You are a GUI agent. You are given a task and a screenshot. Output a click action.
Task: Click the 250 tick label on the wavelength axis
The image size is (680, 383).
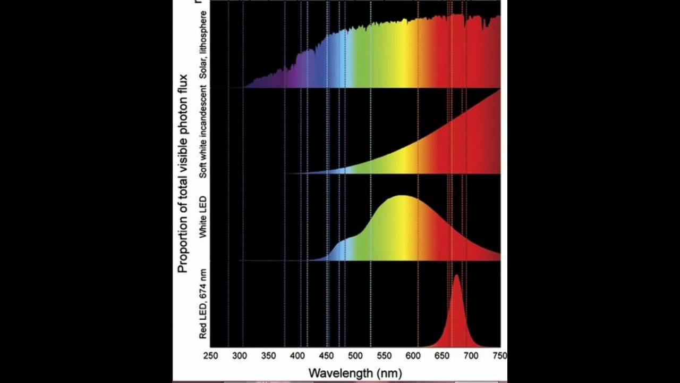[210, 355]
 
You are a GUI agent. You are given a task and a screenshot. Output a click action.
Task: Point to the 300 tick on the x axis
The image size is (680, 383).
[240, 355]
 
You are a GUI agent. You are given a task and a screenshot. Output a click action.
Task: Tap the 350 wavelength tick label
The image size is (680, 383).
[268, 355]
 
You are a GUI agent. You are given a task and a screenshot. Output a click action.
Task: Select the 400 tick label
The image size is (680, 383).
[297, 355]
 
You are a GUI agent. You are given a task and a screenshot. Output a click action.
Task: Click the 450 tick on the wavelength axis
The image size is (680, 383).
[326, 355]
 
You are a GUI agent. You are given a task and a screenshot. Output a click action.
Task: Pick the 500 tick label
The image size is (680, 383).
[355, 355]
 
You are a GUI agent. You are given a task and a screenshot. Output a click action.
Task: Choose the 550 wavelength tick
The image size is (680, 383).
[384, 355]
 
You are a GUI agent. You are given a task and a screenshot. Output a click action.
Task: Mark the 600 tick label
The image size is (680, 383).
[413, 355]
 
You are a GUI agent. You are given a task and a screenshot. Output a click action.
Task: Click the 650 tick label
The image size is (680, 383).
[442, 355]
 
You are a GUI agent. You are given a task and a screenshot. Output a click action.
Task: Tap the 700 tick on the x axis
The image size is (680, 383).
[471, 355]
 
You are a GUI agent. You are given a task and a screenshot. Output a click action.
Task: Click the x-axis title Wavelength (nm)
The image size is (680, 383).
[355, 373]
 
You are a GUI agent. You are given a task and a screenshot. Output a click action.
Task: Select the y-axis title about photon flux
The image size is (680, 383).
[183, 173]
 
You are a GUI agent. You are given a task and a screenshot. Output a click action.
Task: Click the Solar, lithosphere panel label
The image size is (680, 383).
[203, 45]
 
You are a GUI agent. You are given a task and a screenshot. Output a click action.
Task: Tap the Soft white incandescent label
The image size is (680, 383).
[203, 131]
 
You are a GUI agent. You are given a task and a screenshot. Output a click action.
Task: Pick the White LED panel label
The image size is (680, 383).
[202, 217]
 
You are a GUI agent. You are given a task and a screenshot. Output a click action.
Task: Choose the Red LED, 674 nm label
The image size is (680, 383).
[202, 304]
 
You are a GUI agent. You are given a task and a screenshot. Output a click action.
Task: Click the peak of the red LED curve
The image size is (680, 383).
[457, 275]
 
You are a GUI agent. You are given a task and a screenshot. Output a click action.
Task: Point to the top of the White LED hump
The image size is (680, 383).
[403, 196]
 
